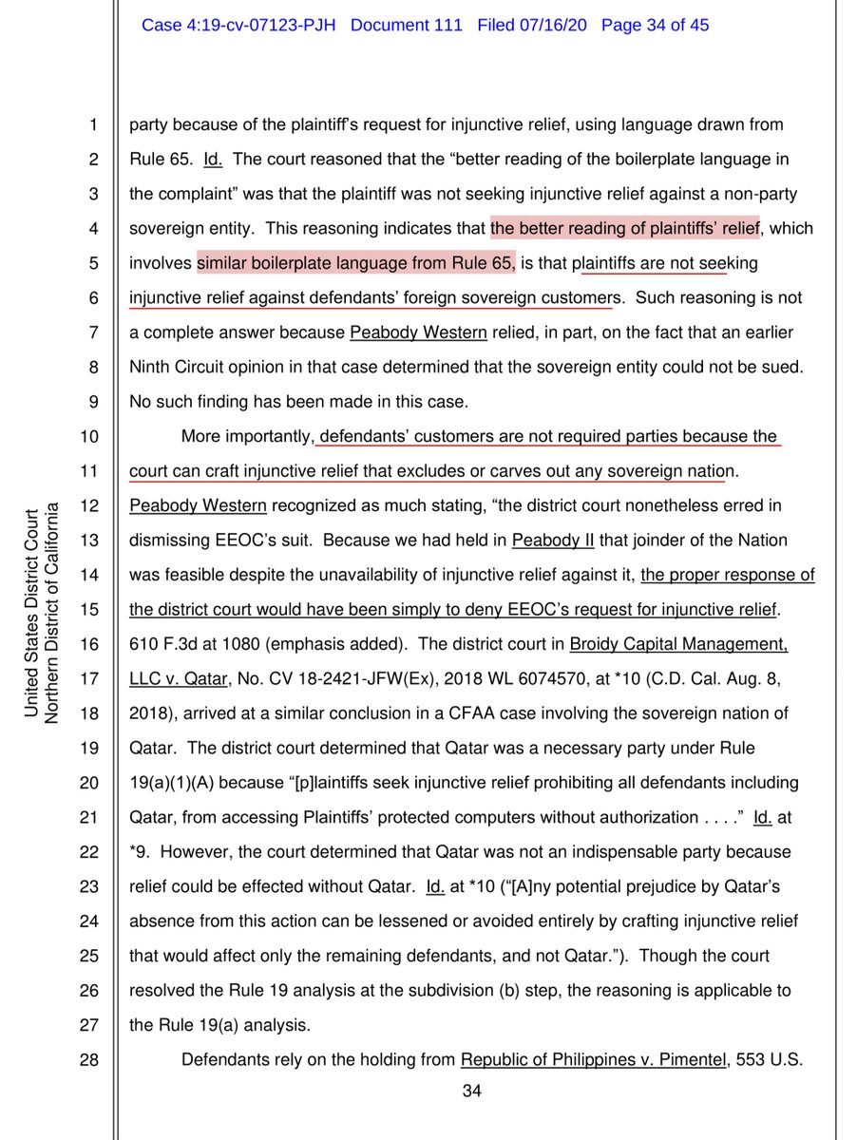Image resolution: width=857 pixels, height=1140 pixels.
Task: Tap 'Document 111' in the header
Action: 406,26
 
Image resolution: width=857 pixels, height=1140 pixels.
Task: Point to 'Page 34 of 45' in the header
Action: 656,26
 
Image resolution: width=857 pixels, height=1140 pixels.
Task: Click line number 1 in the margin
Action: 92,124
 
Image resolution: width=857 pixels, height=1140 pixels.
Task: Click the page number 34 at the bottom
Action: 471,1091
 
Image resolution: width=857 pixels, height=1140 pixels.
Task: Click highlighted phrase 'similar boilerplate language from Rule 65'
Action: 356,263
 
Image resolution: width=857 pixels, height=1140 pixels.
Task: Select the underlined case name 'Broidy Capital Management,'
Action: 678,644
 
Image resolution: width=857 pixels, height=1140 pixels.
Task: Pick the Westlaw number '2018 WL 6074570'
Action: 517,678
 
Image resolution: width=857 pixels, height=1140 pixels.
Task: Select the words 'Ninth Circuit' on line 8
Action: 174,367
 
